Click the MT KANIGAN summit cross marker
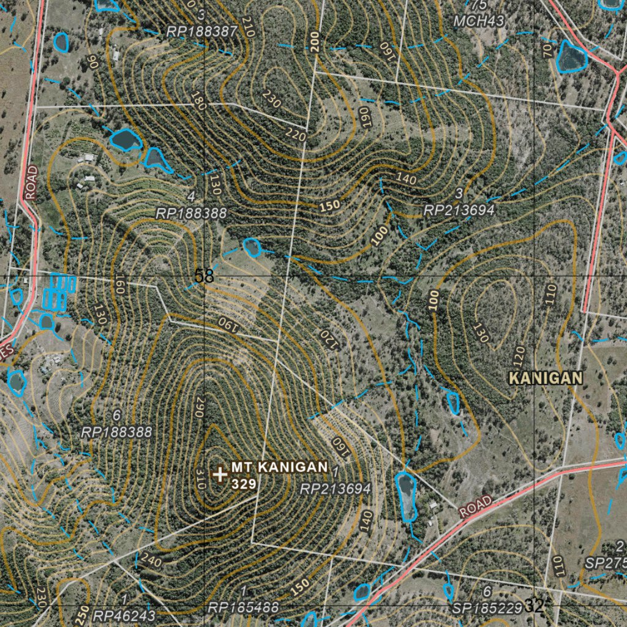tap(219, 474)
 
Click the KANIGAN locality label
tap(545, 378)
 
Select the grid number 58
tap(204, 277)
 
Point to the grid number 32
tap(534, 607)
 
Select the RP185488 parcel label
tap(243, 608)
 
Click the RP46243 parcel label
tap(125, 615)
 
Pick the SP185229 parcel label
tap(487, 608)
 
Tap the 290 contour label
tap(199, 408)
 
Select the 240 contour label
tap(151, 560)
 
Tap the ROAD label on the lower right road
tap(475, 507)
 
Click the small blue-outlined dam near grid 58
tap(252, 247)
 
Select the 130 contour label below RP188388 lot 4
tap(214, 184)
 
